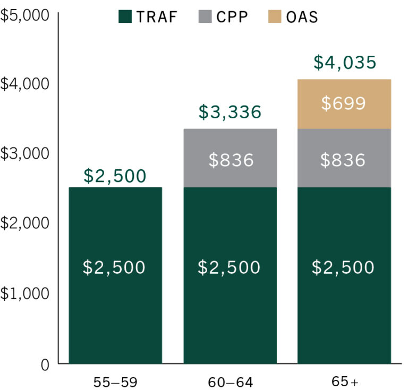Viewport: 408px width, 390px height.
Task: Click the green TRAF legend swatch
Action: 125,16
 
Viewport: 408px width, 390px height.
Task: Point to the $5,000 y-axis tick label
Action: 24,15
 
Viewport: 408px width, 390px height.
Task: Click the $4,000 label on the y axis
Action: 24,84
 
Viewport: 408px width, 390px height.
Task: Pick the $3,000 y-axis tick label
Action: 24,153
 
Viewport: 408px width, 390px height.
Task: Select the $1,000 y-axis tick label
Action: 24,293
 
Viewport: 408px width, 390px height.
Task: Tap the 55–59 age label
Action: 115,382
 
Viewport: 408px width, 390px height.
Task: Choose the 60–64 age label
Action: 229,382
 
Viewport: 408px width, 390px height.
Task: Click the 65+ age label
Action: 344,382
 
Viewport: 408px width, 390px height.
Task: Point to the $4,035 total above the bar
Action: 344,63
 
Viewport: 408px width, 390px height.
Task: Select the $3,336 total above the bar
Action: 229,112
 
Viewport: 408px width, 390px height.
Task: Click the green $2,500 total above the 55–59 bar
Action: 115,176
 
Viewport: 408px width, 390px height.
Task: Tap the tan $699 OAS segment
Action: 344,103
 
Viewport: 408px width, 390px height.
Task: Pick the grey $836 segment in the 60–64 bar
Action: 229,159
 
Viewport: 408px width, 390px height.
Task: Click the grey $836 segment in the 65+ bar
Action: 344,159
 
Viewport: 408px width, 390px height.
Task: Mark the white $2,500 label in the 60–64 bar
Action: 229,267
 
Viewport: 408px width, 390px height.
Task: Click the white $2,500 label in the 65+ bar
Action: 344,267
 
